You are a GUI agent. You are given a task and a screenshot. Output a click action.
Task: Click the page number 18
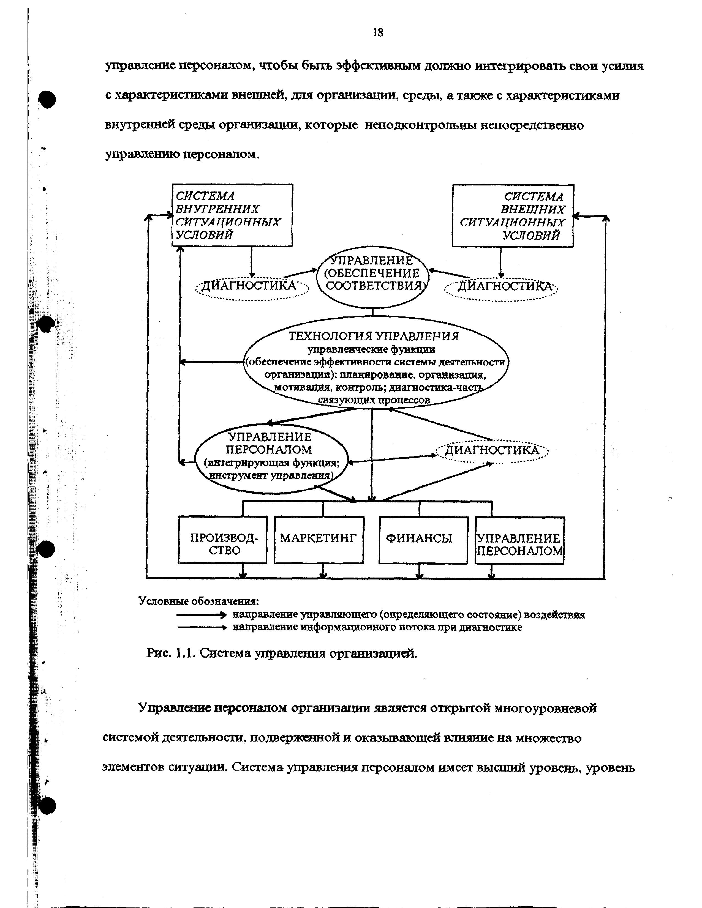coord(378,32)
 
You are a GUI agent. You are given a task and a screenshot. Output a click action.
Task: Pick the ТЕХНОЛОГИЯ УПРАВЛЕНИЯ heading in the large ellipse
coord(374,336)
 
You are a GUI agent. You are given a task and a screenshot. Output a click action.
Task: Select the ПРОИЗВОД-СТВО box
coord(222,540)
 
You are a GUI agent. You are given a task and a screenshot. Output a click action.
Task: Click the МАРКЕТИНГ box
coord(319,540)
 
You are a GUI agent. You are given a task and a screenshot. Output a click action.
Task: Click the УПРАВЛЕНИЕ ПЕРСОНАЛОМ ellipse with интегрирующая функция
coord(271,457)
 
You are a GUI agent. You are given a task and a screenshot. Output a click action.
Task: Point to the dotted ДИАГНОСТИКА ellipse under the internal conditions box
coord(252,287)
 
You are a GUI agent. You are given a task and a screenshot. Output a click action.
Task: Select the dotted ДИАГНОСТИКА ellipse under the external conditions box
coord(501,288)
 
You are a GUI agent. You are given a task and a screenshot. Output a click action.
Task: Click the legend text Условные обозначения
coord(199,601)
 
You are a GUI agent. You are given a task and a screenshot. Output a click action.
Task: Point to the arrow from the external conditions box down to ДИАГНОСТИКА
coord(501,262)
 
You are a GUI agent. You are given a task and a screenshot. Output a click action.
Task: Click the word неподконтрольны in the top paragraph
coord(421,125)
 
